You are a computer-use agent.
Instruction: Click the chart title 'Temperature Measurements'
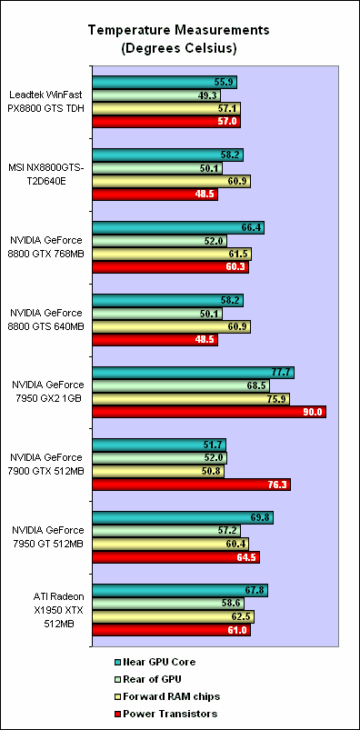(179, 31)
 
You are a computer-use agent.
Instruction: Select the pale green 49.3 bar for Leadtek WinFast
(145, 95)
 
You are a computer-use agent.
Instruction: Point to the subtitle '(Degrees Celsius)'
(179, 47)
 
